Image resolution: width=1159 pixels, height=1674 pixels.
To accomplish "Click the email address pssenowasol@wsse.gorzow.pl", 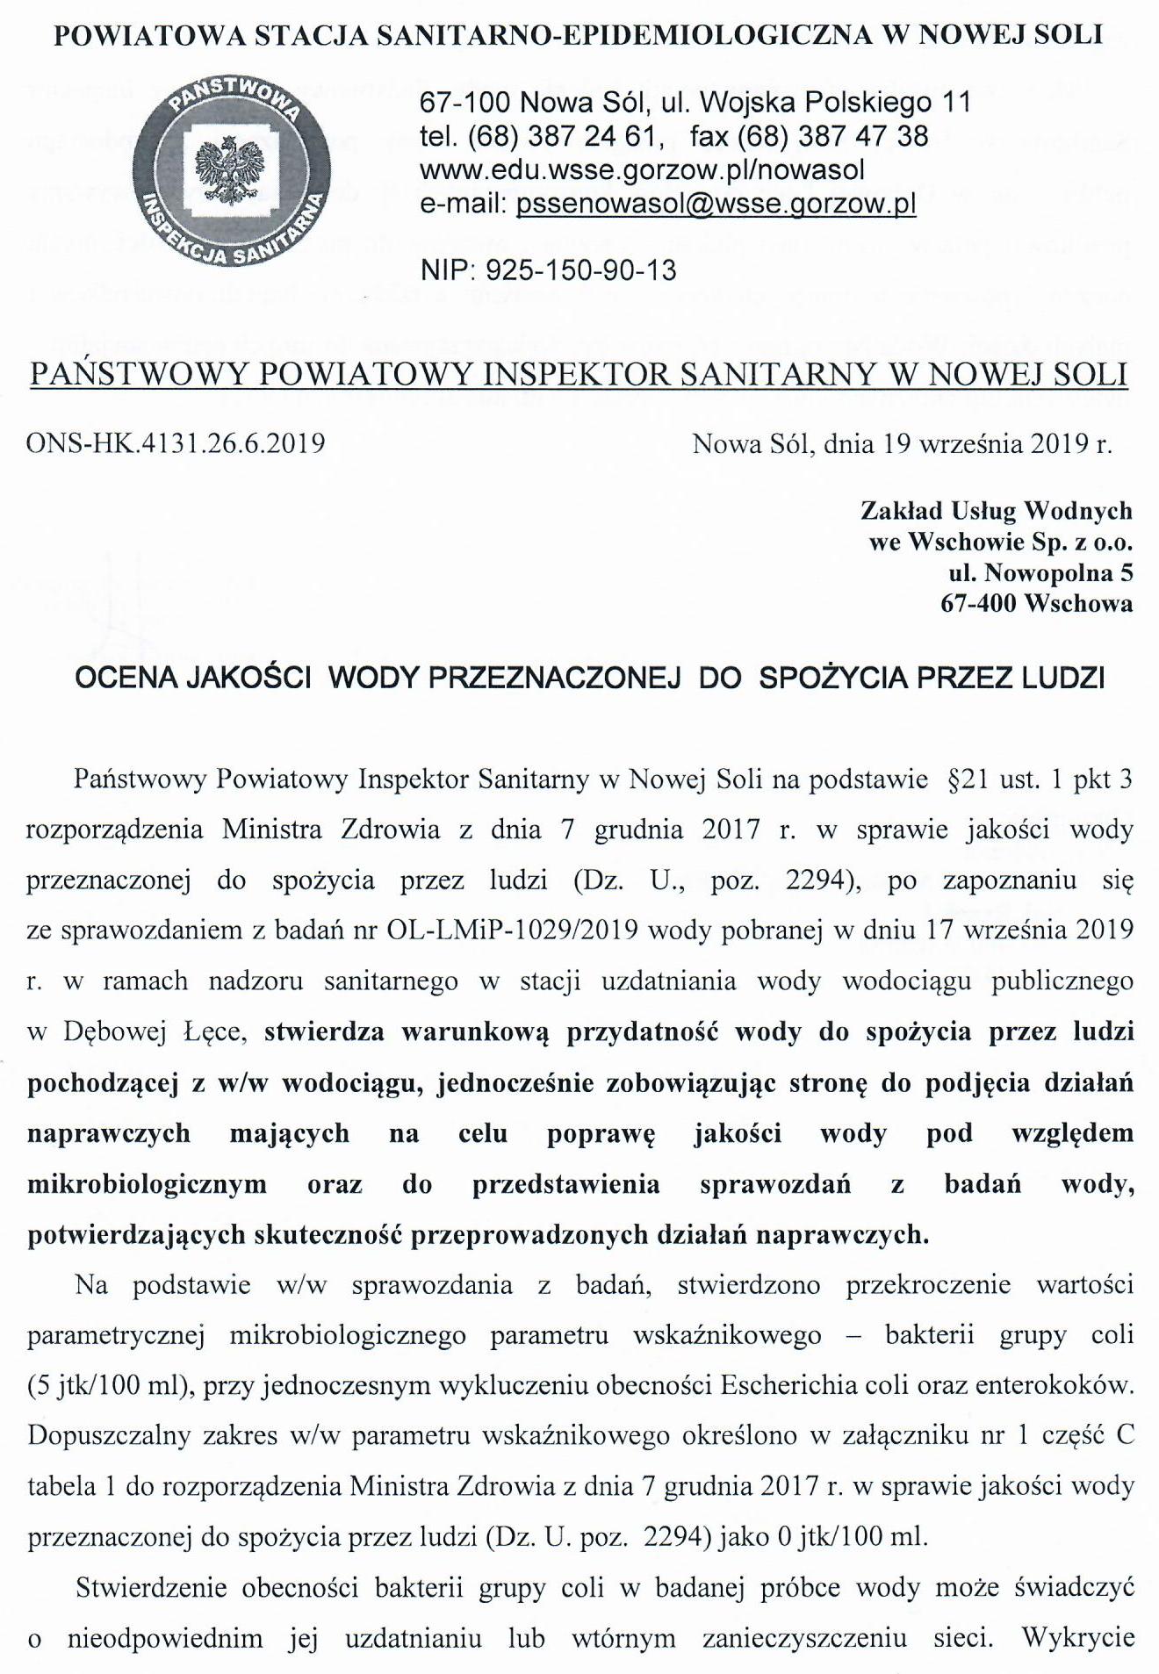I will (x=716, y=204).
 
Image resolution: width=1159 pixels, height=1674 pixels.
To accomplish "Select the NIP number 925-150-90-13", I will (x=580, y=269).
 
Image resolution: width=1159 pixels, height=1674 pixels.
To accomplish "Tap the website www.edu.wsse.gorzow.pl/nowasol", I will (x=643, y=170).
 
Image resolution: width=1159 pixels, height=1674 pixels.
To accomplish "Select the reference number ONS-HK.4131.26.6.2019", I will (x=176, y=442).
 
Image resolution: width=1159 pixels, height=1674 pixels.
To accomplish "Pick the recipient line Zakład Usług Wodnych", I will (x=996, y=511).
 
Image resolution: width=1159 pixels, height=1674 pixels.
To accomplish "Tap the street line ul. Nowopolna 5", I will (x=1040, y=573).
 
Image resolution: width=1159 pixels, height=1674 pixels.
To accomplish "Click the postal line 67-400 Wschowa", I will (x=1036, y=604).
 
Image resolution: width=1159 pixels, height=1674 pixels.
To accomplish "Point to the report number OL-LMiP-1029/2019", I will (x=510, y=930).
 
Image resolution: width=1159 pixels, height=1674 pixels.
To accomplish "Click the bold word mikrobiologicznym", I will (x=147, y=1184).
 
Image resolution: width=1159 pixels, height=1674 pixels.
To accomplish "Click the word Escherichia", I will (x=799, y=1386).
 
